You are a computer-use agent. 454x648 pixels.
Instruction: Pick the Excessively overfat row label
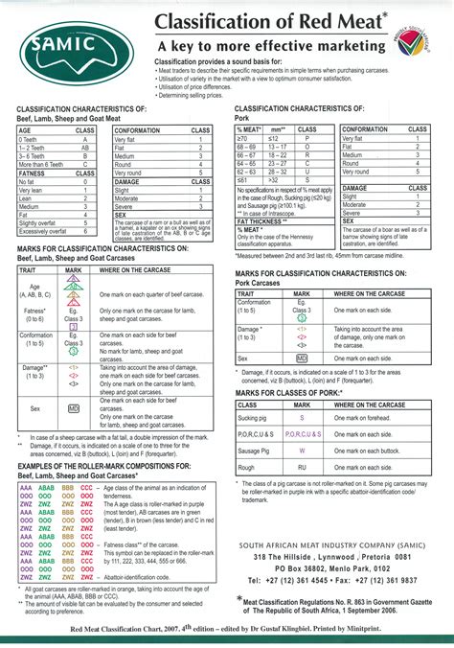pos(43,231)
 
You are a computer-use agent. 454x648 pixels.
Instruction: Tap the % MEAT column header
pos(249,129)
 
